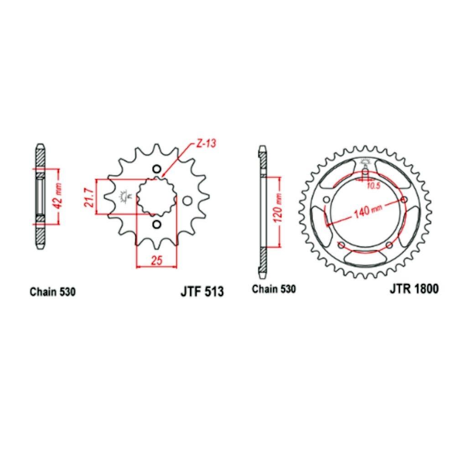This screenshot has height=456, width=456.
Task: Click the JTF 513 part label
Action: coord(202,291)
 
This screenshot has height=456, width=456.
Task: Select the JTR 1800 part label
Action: coord(414,289)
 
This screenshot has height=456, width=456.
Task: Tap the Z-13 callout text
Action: coord(206,143)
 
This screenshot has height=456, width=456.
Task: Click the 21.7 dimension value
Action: coord(89,197)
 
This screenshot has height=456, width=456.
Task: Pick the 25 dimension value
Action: coord(157,260)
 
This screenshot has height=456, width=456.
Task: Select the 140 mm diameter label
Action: coord(368,211)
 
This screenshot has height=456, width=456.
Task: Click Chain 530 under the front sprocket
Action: coord(52,292)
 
